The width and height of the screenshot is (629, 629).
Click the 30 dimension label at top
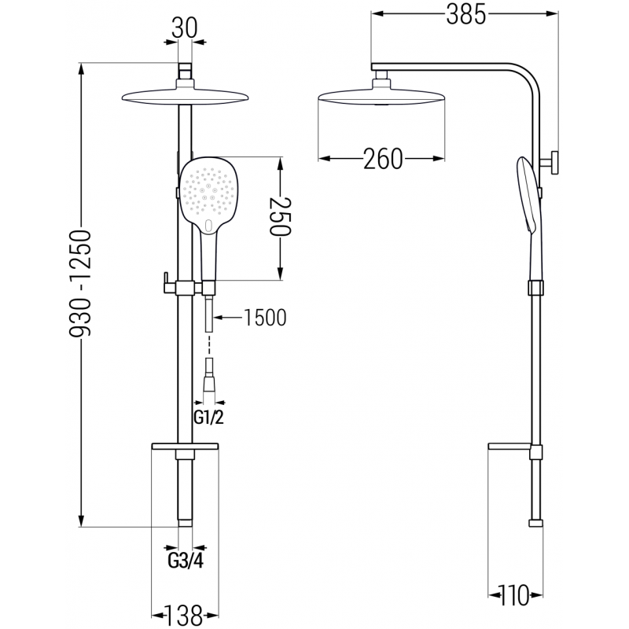tap(186, 28)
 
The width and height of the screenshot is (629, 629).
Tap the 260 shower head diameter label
tap(382, 160)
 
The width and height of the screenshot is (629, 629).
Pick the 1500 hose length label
tap(264, 318)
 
